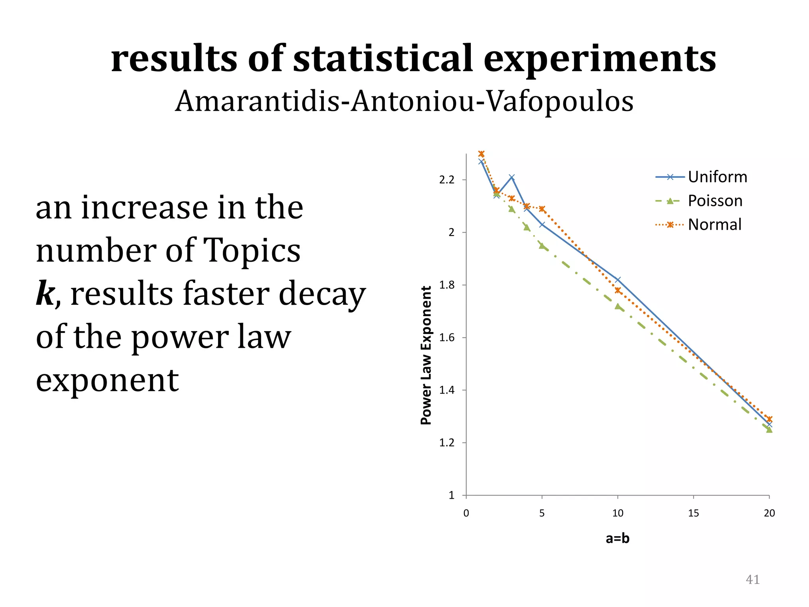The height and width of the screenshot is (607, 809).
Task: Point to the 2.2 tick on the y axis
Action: click(447, 180)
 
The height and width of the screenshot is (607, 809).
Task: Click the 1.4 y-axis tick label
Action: click(447, 390)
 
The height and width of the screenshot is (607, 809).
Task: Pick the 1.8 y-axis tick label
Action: click(447, 285)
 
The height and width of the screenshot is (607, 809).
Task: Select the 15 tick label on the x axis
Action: click(693, 513)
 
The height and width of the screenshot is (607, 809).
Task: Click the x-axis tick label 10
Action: click(617, 513)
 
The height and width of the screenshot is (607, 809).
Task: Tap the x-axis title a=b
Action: click(617, 538)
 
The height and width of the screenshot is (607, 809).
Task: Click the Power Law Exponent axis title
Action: click(426, 355)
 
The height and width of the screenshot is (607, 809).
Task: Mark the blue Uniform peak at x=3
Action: click(512, 177)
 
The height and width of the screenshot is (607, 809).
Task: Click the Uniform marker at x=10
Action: click(618, 280)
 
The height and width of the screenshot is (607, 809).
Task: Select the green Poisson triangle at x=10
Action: click(618, 307)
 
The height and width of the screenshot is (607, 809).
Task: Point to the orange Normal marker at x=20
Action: click(769, 419)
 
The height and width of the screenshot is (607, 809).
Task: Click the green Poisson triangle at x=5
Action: click(542, 246)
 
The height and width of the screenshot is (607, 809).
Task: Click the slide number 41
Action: click(752, 579)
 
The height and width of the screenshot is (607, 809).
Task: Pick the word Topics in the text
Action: click(251, 251)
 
